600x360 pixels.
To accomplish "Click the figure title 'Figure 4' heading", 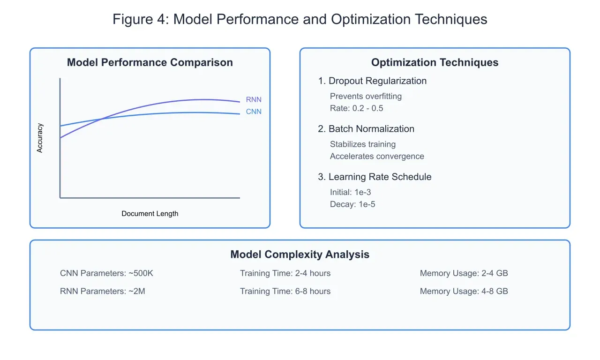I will (x=300, y=19).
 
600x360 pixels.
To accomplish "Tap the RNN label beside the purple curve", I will (x=254, y=99).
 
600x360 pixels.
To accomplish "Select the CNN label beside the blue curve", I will (x=254, y=112).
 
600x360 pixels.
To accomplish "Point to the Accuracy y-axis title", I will (x=40, y=138).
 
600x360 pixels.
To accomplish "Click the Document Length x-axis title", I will (x=150, y=214).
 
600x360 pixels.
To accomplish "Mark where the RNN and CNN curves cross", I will (x=102, y=119).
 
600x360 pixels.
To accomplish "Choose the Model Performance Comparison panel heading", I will (x=150, y=62).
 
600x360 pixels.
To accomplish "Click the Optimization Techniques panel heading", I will (x=435, y=62).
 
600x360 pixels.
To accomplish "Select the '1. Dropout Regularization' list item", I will (x=372, y=81).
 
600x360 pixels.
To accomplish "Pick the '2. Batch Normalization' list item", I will (x=366, y=129).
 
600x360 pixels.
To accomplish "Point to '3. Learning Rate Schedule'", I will (x=375, y=177).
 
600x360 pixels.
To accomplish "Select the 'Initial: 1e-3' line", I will (x=351, y=192).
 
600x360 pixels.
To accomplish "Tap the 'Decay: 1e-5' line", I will (x=352, y=204).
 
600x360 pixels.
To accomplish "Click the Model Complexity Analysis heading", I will (x=300, y=255).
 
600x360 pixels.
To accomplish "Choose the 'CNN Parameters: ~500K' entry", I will (x=106, y=273).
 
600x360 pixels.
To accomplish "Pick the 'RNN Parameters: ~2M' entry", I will (x=103, y=291).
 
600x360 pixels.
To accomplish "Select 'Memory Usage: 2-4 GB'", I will (x=464, y=273).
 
